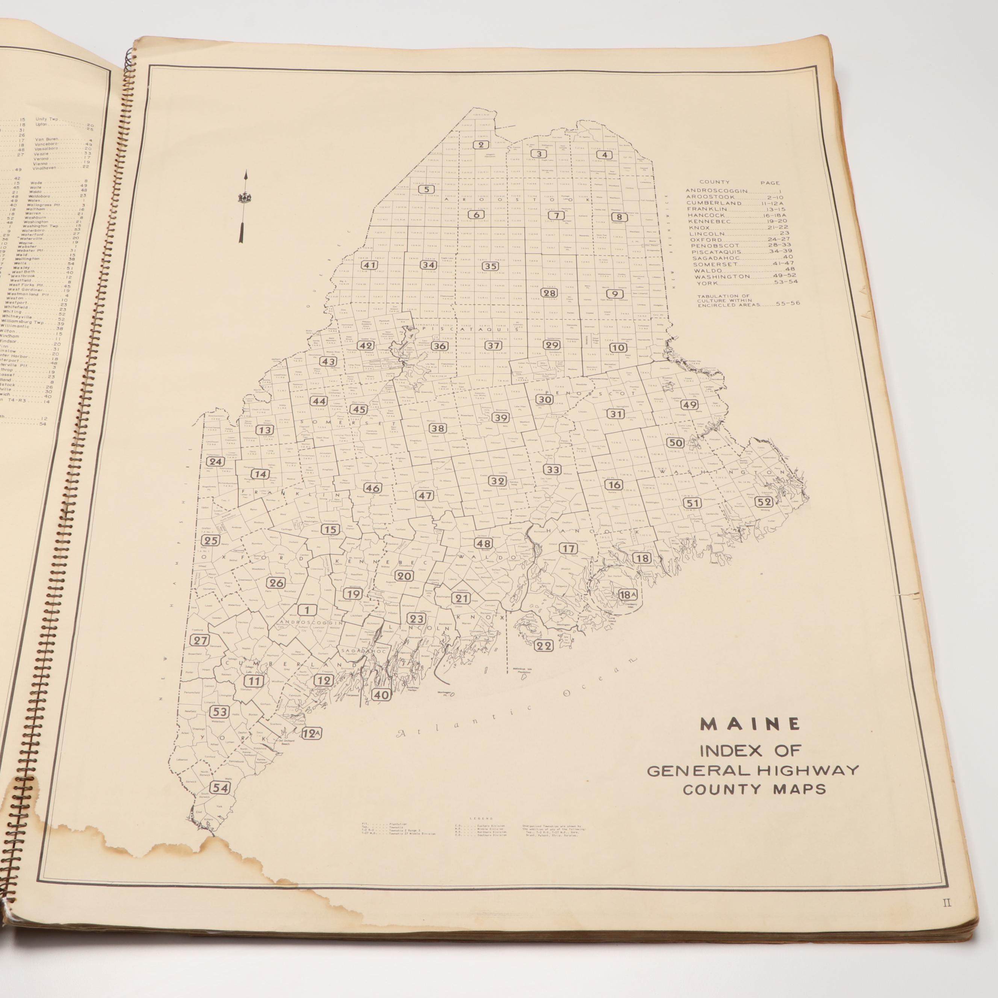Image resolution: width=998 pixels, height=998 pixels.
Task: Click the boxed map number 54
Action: point(221,787)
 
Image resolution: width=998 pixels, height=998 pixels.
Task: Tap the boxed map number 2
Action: point(481,145)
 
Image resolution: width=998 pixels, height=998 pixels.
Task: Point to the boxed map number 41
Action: point(369,265)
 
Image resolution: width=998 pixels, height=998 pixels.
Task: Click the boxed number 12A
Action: point(311,733)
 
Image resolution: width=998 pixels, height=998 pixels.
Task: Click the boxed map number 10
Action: point(618,348)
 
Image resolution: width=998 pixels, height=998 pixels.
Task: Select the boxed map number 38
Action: point(437,428)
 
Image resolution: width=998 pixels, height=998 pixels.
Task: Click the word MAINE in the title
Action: point(750,724)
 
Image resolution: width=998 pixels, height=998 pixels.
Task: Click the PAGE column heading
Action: point(770,182)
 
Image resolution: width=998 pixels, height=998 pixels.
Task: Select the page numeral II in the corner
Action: point(947,918)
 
